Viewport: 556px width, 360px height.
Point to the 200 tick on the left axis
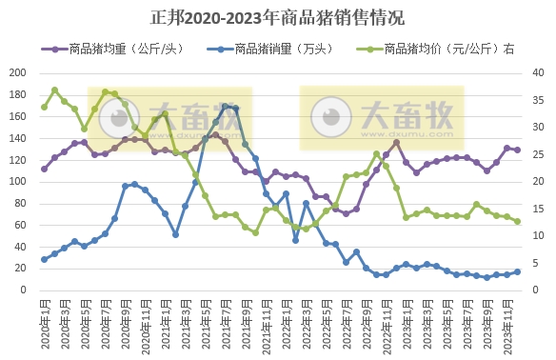(18, 73)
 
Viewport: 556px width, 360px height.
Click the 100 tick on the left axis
(18, 182)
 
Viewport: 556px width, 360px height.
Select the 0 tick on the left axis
(23, 290)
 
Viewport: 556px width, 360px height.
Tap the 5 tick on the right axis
(534, 264)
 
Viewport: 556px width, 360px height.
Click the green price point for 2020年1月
(44, 107)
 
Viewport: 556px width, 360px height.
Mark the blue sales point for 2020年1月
(44, 259)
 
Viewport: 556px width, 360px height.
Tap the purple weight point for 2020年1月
(44, 169)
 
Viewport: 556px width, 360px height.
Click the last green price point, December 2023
(517, 221)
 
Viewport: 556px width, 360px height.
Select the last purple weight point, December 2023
(517, 150)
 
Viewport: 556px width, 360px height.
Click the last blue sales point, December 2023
(517, 271)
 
